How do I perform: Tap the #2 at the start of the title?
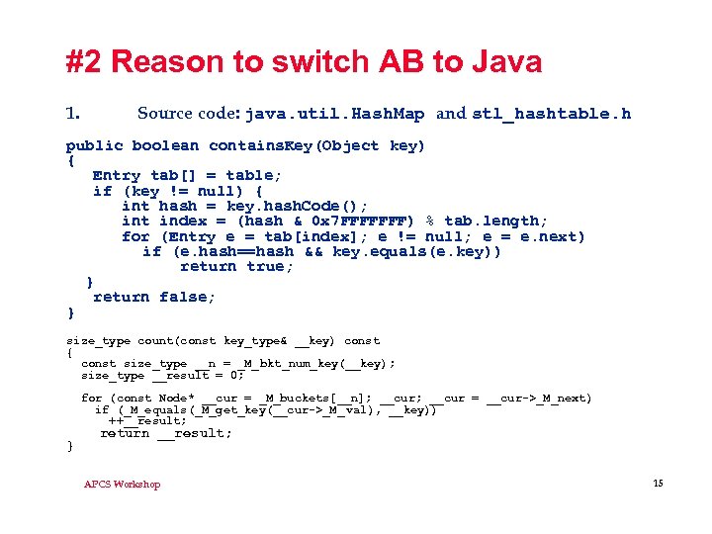click(85, 62)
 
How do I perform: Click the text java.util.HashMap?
click(335, 114)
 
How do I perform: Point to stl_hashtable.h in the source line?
click(551, 114)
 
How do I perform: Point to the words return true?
click(236, 266)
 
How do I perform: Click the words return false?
click(154, 297)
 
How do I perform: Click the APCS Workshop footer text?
click(122, 484)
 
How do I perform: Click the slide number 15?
click(658, 482)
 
